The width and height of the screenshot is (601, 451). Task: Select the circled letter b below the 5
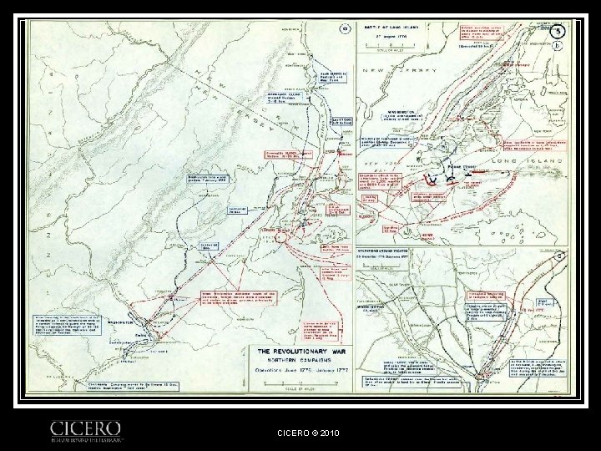(x=558, y=48)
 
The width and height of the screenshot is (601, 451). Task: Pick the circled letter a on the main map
(x=341, y=31)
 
